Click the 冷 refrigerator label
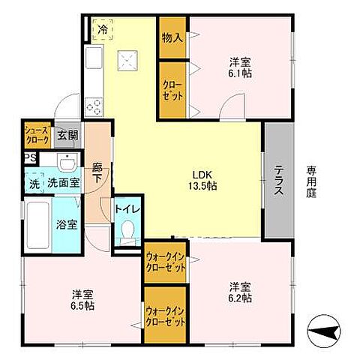pos(102,31)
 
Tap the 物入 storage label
pos(172,37)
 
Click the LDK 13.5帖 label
pos(202,180)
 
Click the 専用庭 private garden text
pos(311,180)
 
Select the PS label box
pos(30,157)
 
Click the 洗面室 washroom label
pos(62,182)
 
